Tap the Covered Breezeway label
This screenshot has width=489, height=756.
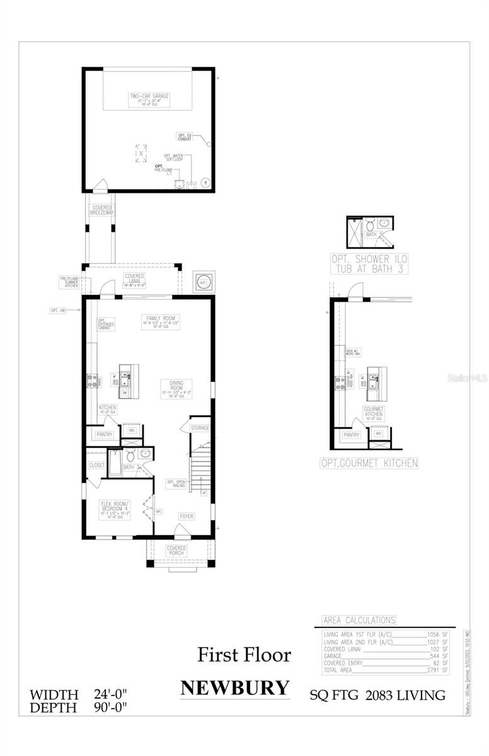coord(101,210)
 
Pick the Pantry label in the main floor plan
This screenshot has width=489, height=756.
coord(104,435)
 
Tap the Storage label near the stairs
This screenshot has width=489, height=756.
coord(200,428)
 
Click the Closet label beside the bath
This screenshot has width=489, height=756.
coord(97,465)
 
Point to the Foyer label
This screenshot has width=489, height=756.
coord(187,516)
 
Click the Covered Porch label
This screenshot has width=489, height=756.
coord(176,551)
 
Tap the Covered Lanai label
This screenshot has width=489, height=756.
coord(134,279)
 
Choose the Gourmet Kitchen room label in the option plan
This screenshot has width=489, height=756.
coord(373,412)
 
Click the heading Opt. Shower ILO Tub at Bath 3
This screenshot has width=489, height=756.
coord(368,264)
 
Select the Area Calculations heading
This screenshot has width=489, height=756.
coord(359,620)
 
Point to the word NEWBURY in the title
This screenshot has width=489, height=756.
coord(235,687)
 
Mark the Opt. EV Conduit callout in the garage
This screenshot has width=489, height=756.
coord(185,136)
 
